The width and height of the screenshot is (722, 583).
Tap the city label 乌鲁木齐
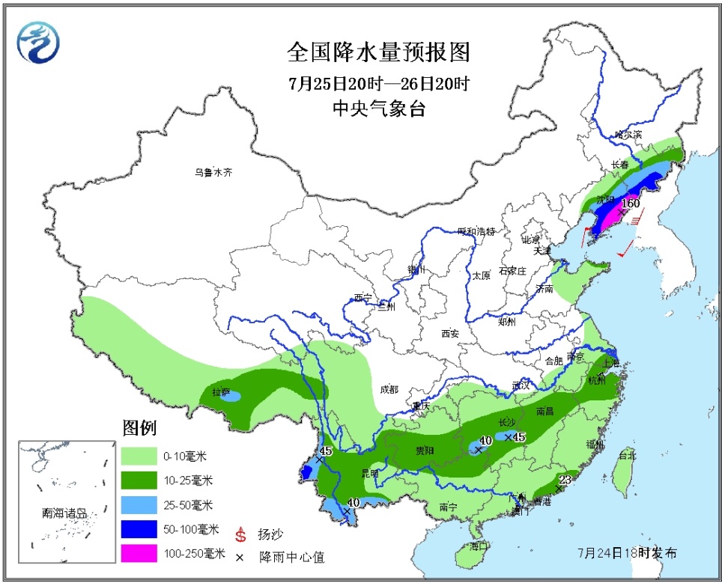click(x=213, y=172)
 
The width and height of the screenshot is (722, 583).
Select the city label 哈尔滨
click(x=628, y=135)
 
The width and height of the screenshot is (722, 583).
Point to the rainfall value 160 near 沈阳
click(x=631, y=203)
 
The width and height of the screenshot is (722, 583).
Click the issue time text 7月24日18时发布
click(x=628, y=553)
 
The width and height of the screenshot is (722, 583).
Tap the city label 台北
click(x=626, y=455)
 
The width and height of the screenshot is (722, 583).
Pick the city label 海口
click(x=478, y=546)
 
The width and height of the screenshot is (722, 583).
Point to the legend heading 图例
click(x=139, y=429)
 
